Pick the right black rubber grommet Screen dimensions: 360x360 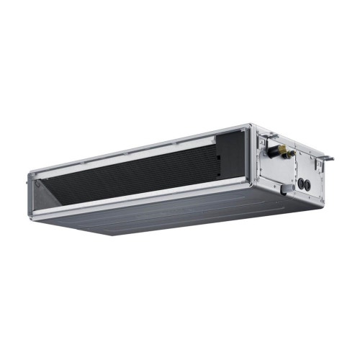(x=308, y=184)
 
